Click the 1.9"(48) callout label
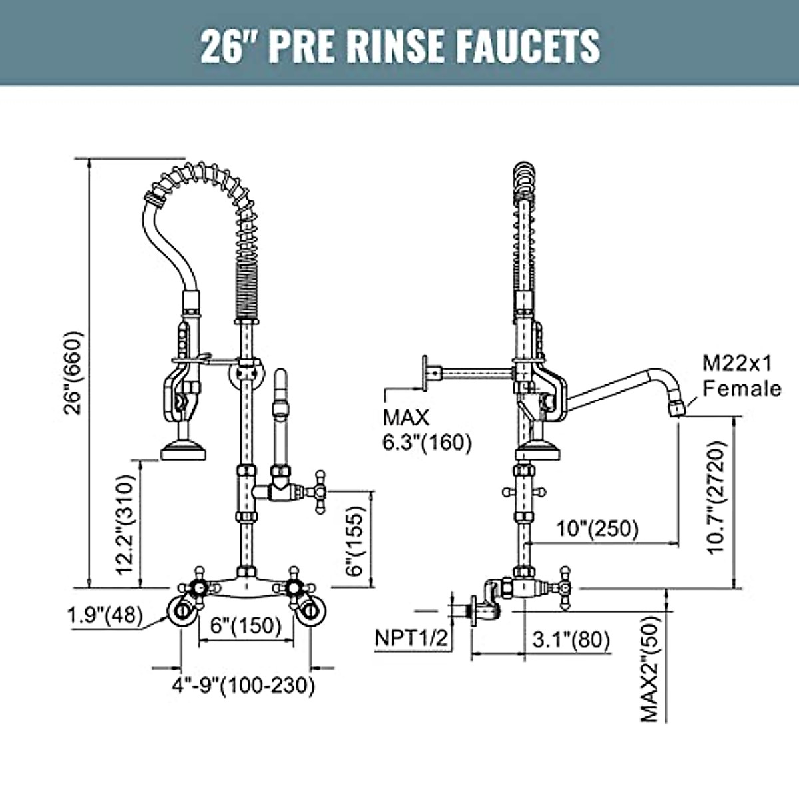[105, 616]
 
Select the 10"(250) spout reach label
[597, 529]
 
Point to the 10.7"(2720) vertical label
[716, 497]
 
